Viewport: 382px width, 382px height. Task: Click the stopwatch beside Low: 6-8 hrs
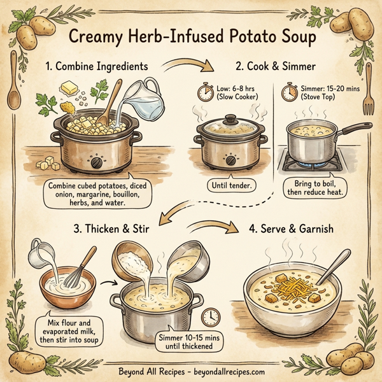coord(205,93)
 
